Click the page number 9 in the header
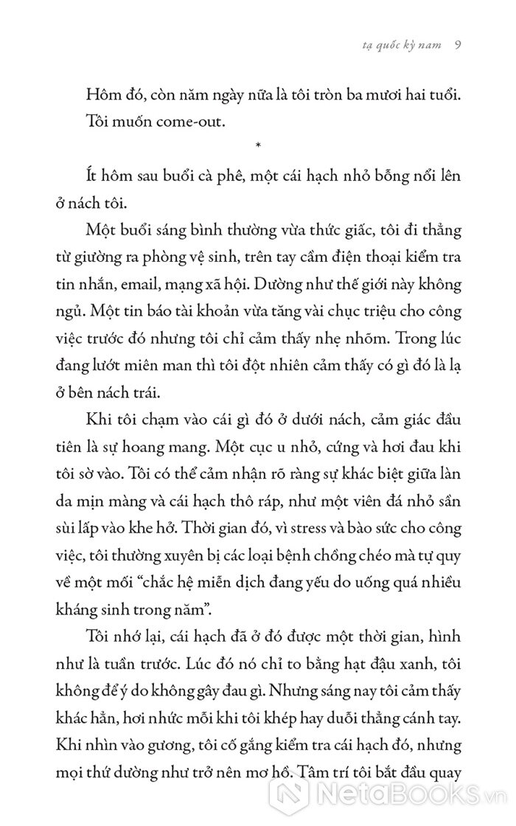pyautogui.click(x=458, y=44)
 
